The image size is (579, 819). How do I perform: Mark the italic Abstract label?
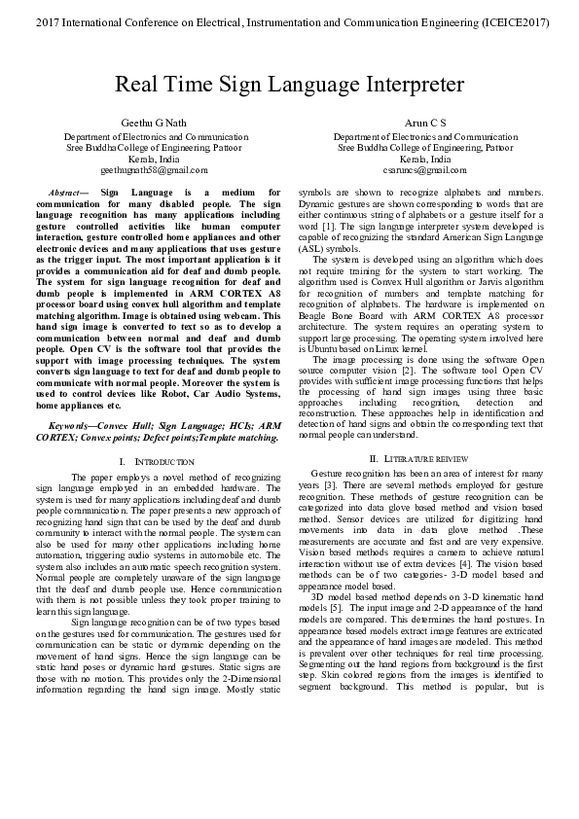coord(66,193)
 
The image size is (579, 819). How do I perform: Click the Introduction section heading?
coord(160,459)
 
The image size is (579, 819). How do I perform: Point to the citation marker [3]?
coord(331,482)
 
